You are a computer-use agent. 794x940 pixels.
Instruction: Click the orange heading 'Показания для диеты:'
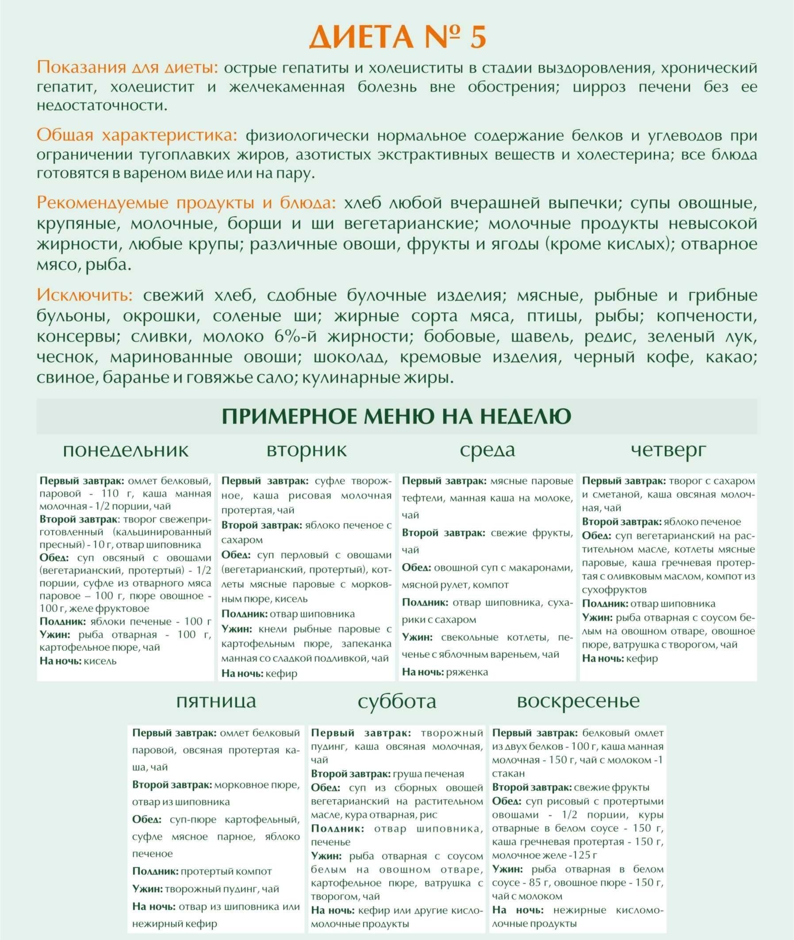pos(127,68)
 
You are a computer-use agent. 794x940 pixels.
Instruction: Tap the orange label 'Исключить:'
pos(84,295)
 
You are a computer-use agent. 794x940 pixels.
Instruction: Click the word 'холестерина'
pos(625,154)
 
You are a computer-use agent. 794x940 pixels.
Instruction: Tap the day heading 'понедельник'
pos(126,450)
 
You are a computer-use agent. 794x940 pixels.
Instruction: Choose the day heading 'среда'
pos(487,450)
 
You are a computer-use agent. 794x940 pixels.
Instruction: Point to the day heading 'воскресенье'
pos(579,701)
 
